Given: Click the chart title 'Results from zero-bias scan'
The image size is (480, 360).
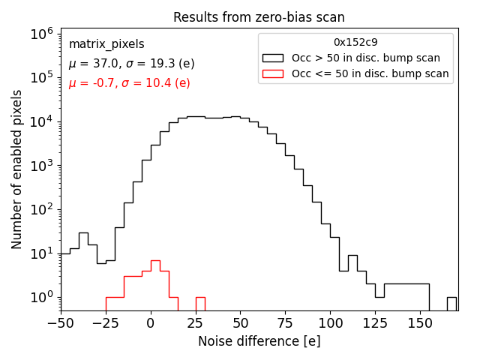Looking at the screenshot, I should [259, 17].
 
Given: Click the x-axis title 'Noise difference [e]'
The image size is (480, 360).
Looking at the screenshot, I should [259, 341].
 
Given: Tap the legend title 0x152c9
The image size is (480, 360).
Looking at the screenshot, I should [356, 43].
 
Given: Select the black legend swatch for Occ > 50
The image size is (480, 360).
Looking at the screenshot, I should [274, 58].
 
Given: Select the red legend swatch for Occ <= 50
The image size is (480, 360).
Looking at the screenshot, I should [274, 73].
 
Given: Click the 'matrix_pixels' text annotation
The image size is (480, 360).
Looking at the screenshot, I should [106, 44].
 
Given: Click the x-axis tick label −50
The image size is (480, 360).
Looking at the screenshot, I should [61, 323].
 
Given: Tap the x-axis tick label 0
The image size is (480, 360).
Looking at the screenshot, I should [151, 323].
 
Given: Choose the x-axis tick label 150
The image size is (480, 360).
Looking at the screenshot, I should [419, 323].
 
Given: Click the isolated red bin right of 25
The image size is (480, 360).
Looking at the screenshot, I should [200, 304].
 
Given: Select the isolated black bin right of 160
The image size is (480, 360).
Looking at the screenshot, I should [451, 304].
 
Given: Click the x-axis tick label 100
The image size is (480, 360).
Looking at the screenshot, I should [330, 323].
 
